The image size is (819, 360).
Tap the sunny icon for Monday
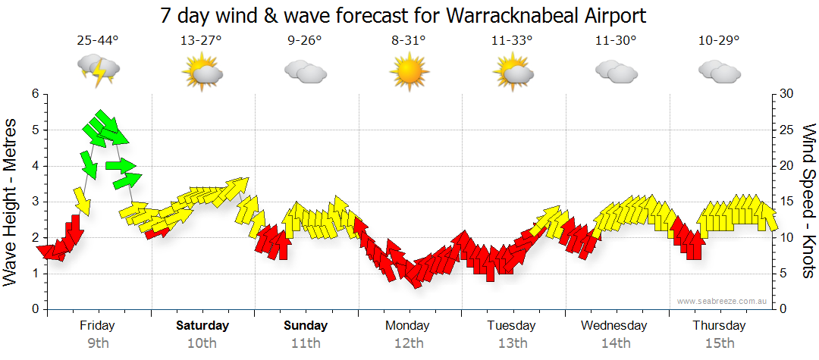409,73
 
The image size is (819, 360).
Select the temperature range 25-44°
98,41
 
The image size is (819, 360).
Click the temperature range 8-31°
409,41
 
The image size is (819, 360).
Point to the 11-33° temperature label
512,41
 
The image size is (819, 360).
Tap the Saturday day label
202,326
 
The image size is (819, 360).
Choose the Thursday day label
719,326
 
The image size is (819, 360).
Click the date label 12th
409,343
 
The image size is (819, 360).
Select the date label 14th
615,343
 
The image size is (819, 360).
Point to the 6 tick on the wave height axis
34,94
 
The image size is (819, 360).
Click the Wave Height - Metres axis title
11,202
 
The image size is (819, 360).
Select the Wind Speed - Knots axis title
808,201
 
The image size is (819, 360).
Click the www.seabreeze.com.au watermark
723,301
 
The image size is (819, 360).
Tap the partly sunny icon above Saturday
202,74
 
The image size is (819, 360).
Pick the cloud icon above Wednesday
615,72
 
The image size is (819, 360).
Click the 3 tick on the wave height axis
34,202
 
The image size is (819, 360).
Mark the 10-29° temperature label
719,41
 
